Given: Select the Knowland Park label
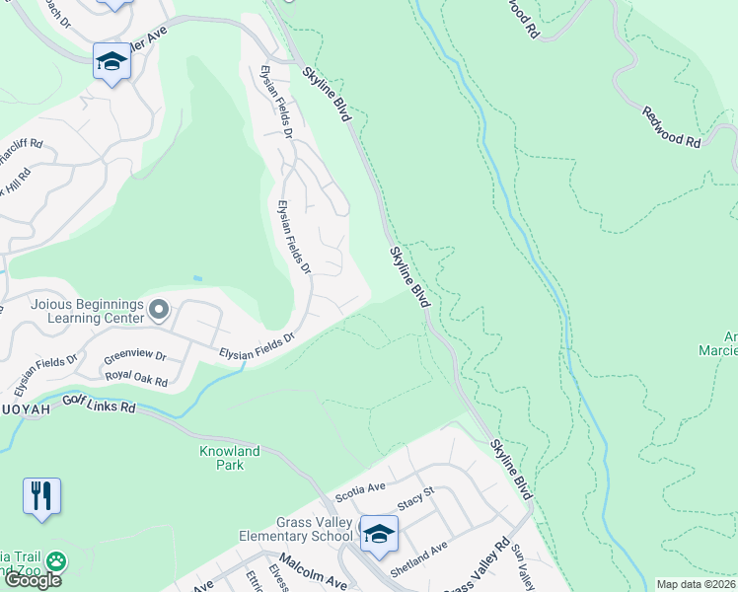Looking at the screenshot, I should click(x=227, y=458).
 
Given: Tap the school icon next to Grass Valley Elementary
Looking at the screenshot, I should click(x=379, y=534).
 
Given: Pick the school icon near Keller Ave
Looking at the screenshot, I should click(x=111, y=62).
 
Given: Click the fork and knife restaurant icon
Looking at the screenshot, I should click(x=41, y=495).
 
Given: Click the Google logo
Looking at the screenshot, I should click(x=33, y=580).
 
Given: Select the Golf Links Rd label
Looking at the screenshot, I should click(x=98, y=405).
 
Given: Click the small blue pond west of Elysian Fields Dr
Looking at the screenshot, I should click(x=197, y=278).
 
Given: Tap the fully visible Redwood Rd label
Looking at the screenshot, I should click(x=671, y=128).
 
